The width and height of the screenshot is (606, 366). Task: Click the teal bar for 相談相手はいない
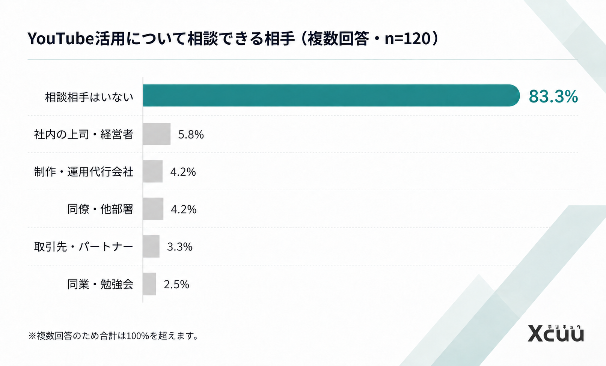pos(331,95)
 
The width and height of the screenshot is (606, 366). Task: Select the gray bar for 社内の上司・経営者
pos(157,134)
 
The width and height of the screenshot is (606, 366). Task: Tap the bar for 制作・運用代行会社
pos(152,171)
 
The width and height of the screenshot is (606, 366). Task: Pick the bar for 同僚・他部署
pos(153,209)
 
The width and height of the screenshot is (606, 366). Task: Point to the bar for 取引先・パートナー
pos(151,246)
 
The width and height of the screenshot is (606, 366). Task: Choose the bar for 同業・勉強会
pos(149,284)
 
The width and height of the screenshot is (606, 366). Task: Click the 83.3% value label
pos(553,96)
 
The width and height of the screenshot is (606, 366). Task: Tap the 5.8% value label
pos(191,134)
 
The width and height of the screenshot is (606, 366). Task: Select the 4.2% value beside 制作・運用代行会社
pos(183,172)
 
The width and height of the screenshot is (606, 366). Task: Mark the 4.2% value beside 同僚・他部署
pos(184,209)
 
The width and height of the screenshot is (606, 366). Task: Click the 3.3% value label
pos(179,247)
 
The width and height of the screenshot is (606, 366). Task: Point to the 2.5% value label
pos(176,284)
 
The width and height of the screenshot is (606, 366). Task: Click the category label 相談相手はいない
pos(89,97)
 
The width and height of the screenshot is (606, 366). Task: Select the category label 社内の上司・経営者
pos(84,134)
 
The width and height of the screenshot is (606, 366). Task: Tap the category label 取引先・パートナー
pos(84,247)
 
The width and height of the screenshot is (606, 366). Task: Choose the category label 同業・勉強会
pos(100,284)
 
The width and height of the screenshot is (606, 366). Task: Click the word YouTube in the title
pos(60,38)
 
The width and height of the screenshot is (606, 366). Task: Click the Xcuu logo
pos(556,333)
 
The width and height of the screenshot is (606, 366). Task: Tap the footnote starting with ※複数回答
pos(114,336)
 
